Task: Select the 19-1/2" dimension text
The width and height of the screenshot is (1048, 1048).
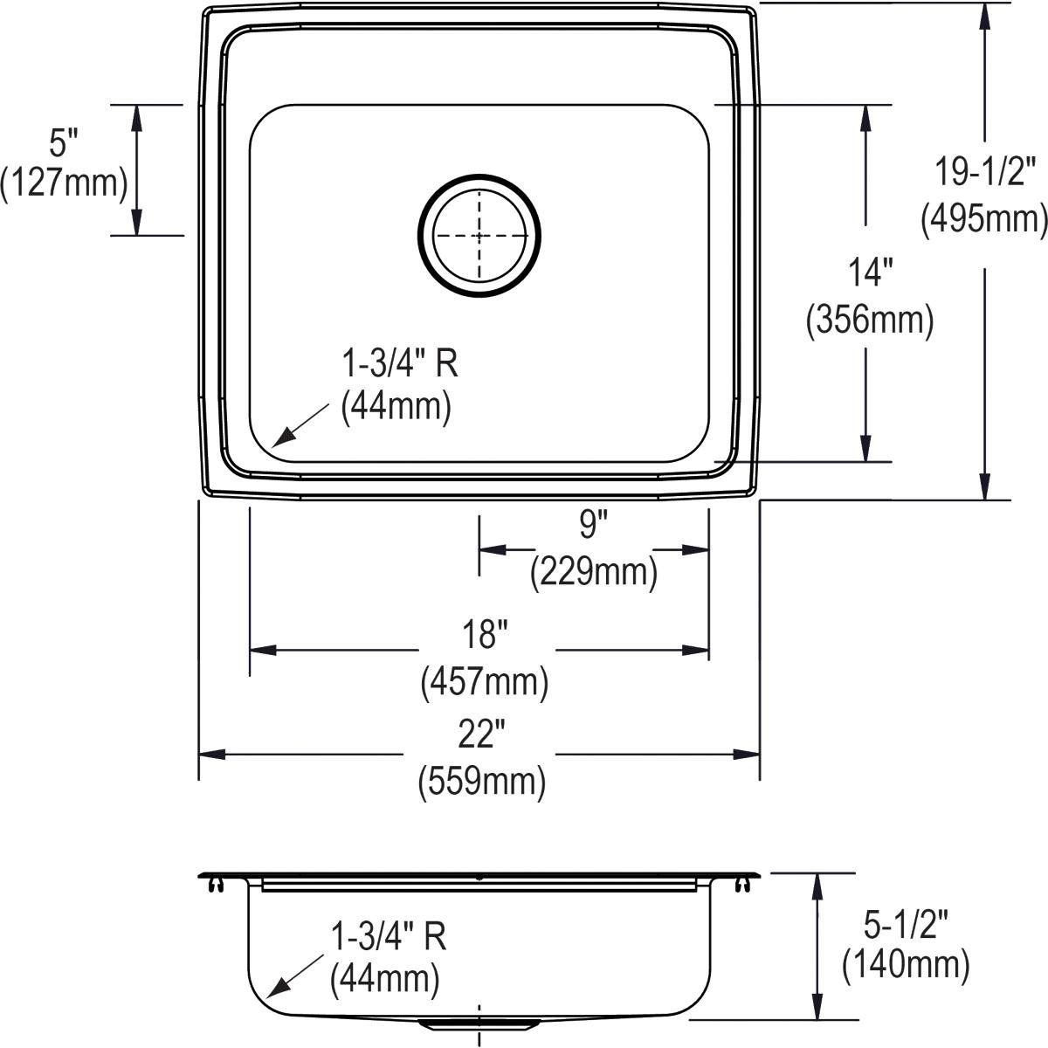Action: (x=985, y=170)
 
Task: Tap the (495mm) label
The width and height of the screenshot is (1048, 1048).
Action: (x=983, y=219)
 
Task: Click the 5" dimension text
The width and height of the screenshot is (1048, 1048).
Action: (x=64, y=139)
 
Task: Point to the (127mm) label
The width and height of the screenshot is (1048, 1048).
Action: (x=64, y=183)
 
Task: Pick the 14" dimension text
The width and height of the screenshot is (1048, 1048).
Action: (x=868, y=273)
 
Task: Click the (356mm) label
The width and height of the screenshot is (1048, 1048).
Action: (x=869, y=321)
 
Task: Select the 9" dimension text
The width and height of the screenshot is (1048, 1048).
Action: (x=593, y=525)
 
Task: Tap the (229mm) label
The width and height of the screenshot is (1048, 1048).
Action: (x=593, y=573)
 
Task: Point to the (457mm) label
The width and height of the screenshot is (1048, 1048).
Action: (x=485, y=681)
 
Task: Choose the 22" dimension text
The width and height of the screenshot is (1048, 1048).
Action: (x=483, y=736)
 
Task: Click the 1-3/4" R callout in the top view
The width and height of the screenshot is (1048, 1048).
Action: (x=399, y=362)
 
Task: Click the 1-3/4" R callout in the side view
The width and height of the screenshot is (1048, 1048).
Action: (x=389, y=936)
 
